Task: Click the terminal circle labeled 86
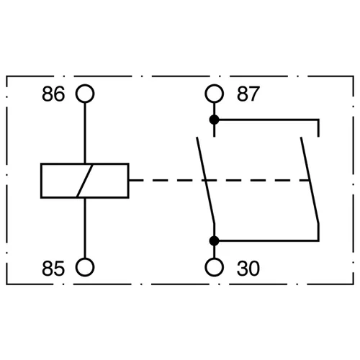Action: click(x=85, y=84)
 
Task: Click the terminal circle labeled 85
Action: click(x=85, y=258)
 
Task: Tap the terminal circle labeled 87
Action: click(x=215, y=84)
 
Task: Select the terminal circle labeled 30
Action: click(x=215, y=258)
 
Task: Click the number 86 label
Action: click(x=53, y=94)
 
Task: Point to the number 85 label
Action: click(x=53, y=269)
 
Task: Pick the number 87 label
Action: click(x=248, y=94)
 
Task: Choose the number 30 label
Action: click(x=248, y=269)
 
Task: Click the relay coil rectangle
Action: click(x=41, y=181)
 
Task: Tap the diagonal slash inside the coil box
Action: click(x=85, y=181)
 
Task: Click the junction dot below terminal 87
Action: click(x=215, y=120)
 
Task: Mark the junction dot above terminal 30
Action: click(x=215, y=240)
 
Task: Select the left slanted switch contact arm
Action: click(x=205, y=181)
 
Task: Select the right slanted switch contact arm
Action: click(x=310, y=181)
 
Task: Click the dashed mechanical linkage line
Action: click(x=219, y=180)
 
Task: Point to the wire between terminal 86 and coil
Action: click(x=85, y=133)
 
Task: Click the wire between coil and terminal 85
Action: click(x=85, y=228)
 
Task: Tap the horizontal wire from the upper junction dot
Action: click(x=266, y=120)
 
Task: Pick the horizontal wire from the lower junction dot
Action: click(x=266, y=240)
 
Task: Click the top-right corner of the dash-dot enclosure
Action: click(x=354, y=76)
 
